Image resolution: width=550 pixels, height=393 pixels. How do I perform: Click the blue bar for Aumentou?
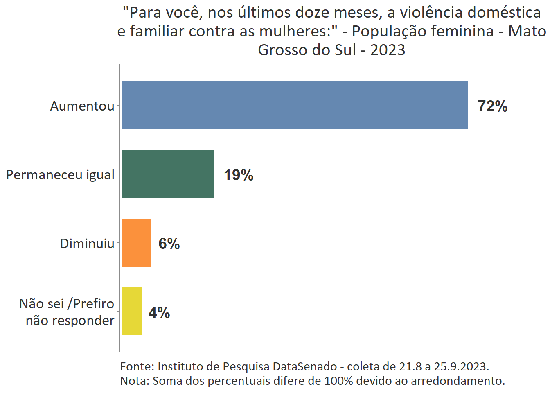(295, 105)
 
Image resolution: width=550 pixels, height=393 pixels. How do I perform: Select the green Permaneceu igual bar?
(168, 174)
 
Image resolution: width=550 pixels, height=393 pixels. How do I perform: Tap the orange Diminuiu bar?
(137, 242)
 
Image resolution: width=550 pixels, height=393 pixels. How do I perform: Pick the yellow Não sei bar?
(132, 311)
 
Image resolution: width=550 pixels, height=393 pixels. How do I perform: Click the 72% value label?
(492, 106)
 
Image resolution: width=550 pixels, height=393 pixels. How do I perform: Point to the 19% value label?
(239, 175)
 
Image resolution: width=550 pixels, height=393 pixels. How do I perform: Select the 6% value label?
(169, 244)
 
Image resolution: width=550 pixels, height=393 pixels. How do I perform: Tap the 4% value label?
(159, 313)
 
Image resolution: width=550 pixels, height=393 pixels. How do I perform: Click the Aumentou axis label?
(82, 106)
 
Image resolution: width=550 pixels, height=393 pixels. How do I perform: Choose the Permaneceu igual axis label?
(60, 175)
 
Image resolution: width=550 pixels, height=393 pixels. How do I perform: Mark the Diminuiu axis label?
(87, 244)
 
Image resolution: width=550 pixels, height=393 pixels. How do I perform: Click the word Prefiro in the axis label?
(94, 304)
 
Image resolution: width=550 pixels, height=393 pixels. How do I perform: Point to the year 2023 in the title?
(388, 50)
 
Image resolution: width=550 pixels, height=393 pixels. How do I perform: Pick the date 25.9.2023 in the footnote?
(461, 366)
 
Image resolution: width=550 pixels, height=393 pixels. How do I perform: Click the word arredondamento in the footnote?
(458, 381)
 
